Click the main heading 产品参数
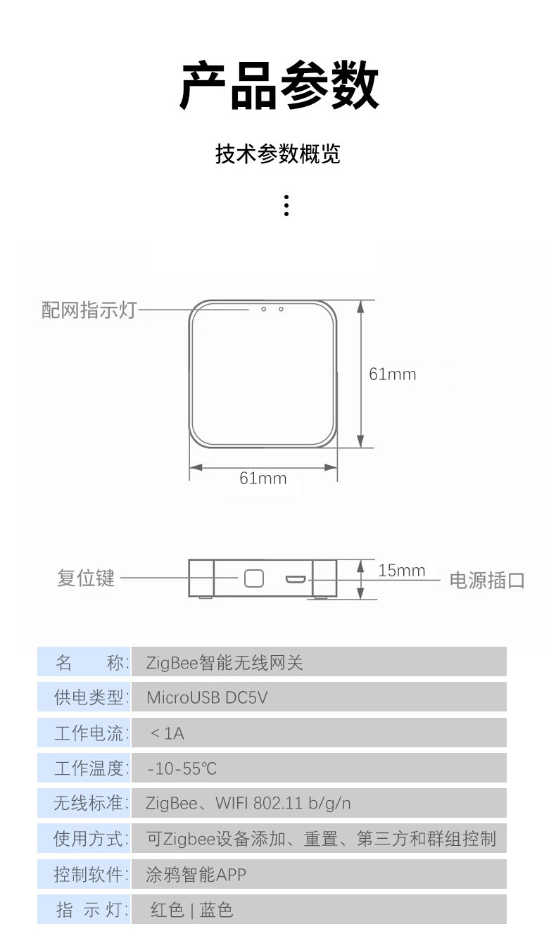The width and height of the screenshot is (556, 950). coord(279,87)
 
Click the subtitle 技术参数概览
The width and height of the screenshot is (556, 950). coord(278,153)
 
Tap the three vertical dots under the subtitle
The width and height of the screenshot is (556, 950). coord(286,205)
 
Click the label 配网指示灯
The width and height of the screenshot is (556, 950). coord(88,310)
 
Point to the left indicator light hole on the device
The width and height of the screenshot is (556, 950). coord(263,309)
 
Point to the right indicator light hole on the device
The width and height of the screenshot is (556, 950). coord(281,309)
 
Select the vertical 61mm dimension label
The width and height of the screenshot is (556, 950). coord(392,374)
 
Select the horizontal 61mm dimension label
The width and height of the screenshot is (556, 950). coord(263,479)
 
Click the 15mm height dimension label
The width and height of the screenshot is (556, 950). coord(401,571)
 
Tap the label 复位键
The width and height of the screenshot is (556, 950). coord(86,578)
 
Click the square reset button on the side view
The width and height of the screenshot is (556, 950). coord(253,578)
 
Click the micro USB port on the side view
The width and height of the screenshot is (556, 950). coord(295,579)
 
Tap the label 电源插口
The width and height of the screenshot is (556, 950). coord(487,581)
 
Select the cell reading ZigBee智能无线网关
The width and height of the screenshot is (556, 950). coord(225,663)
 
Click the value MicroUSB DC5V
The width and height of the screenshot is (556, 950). coord(207,698)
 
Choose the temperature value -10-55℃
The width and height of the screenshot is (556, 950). coord(182,769)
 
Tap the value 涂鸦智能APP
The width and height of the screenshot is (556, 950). coord(196,875)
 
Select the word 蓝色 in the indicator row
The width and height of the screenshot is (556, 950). coord(216,911)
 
